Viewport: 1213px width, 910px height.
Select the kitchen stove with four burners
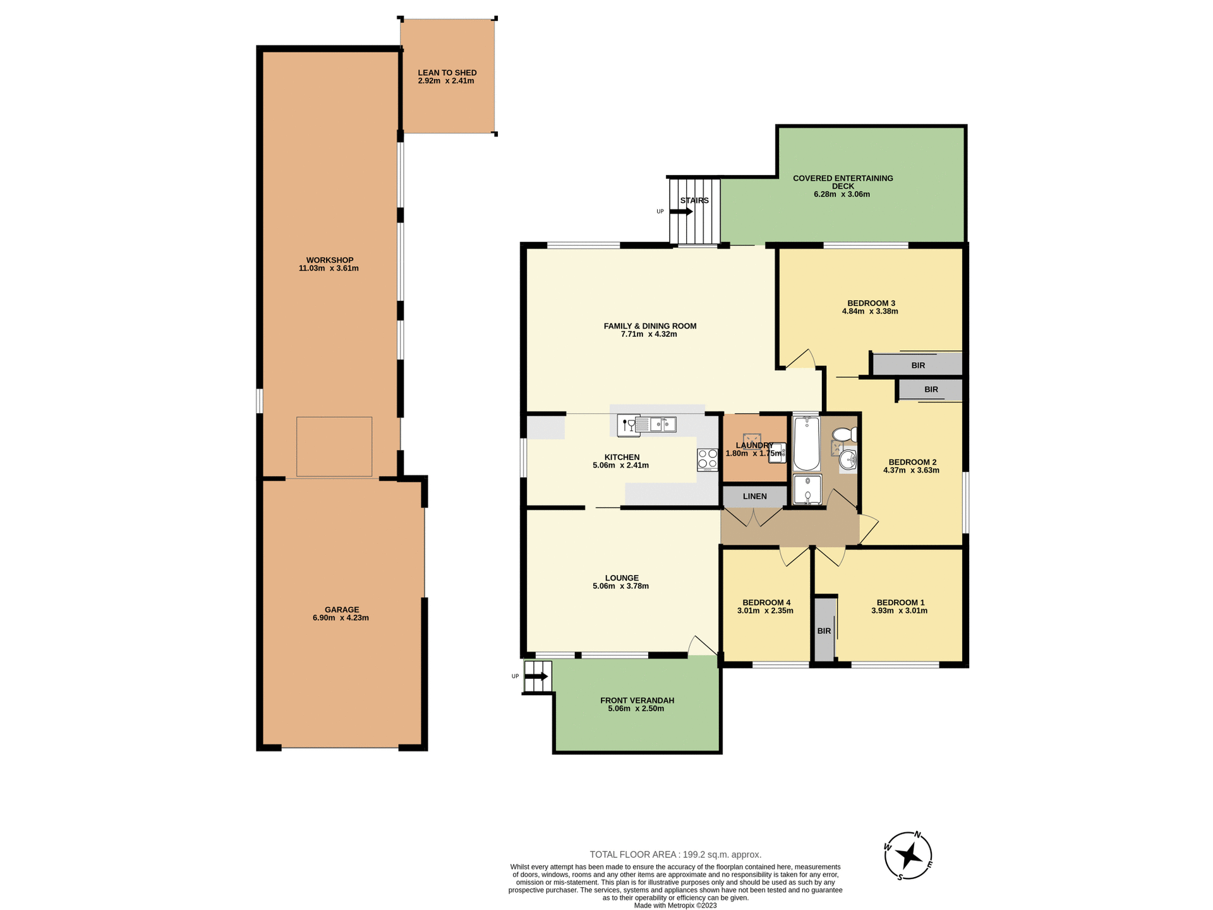(708, 459)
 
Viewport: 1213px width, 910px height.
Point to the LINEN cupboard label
(754, 496)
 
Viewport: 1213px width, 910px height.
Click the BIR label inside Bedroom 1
(824, 631)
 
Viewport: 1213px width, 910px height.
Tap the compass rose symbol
(908, 856)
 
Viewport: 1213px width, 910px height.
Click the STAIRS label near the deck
(694, 200)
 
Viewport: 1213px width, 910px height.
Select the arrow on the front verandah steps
(536, 676)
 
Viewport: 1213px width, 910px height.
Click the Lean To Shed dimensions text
(446, 81)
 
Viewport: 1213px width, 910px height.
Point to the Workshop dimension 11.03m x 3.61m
(329, 268)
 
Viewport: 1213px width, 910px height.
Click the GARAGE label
(342, 610)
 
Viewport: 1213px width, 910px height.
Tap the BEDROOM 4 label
(766, 602)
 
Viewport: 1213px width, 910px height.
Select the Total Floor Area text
(675, 854)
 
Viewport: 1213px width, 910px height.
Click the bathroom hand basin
(848, 461)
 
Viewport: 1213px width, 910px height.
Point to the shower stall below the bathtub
(807, 490)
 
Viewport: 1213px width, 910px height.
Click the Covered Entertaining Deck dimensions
(842, 194)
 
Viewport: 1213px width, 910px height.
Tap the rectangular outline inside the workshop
(334, 446)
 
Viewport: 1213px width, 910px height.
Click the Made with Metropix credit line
(675, 905)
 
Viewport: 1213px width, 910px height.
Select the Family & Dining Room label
(649, 326)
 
